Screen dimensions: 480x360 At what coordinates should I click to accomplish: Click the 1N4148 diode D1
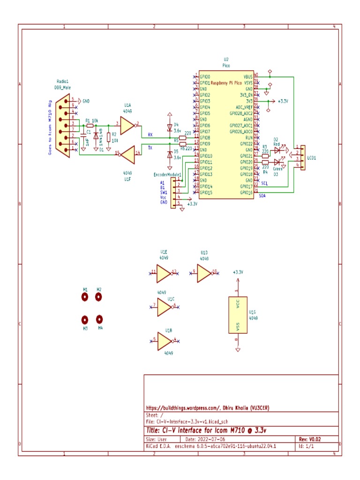click(96, 136)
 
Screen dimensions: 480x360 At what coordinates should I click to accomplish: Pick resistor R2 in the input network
click(109, 137)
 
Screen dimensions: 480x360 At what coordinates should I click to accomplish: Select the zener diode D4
click(170, 127)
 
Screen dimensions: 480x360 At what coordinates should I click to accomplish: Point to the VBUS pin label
click(248, 76)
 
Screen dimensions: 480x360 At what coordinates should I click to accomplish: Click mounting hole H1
click(85, 297)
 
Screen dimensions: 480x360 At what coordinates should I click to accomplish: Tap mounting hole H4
click(99, 319)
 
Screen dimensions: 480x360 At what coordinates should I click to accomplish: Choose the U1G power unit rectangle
click(238, 315)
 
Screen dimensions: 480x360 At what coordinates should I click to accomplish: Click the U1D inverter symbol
click(204, 272)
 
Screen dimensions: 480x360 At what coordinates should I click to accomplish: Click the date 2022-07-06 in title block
click(201, 439)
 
